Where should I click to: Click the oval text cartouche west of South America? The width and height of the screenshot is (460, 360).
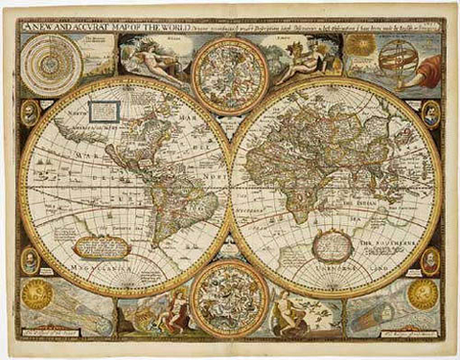102,246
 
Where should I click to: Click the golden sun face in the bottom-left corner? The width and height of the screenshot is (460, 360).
37,294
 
